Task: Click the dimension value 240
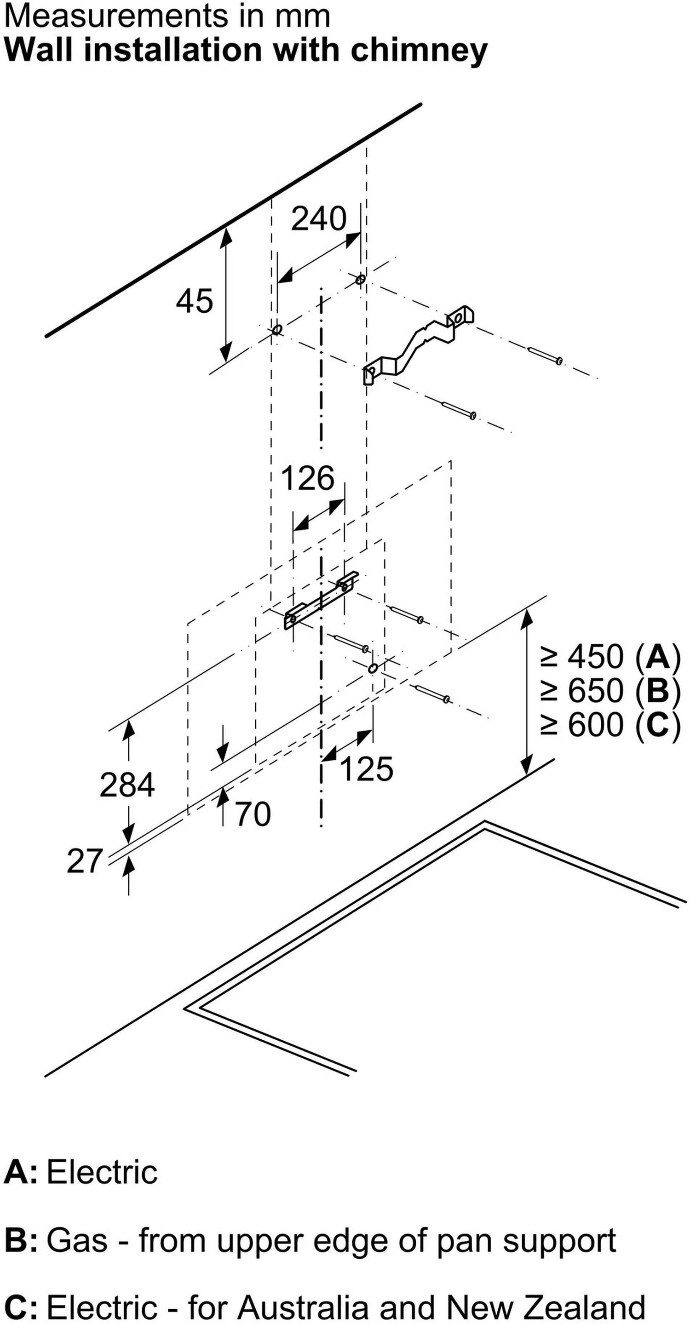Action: click(319, 219)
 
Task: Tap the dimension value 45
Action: click(195, 301)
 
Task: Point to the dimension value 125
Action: click(367, 769)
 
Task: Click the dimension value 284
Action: click(127, 785)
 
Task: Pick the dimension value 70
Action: click(253, 814)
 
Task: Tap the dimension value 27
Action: click(85, 861)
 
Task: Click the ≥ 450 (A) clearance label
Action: click(611, 657)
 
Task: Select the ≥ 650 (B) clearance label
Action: click(611, 691)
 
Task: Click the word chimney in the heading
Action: click(419, 51)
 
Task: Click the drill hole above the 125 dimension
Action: click(373, 669)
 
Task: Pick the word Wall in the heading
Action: click(38, 51)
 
